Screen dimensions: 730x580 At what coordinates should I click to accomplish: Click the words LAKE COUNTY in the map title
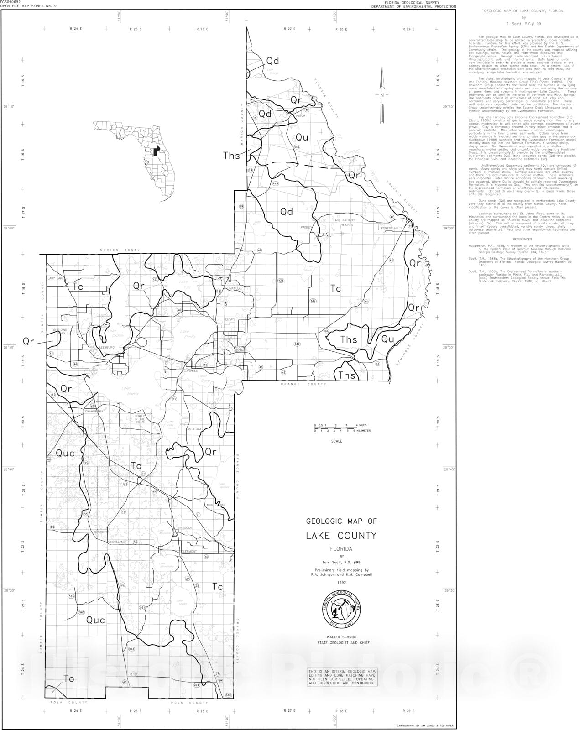coord(341,535)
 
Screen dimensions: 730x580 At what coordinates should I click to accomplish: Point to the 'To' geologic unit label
coord(69,679)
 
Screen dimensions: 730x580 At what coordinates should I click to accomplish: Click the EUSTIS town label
coord(230,319)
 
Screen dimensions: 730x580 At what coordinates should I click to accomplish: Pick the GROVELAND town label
coord(117,542)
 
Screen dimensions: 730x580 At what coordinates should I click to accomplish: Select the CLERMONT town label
coord(189,551)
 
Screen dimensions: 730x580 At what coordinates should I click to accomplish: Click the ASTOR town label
coord(300,115)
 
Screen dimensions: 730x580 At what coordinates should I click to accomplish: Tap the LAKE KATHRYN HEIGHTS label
coord(344,222)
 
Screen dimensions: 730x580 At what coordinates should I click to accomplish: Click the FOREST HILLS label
coord(392,228)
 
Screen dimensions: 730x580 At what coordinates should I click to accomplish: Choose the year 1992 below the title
coord(341,582)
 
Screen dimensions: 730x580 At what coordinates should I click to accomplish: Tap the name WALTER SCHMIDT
coord(341,636)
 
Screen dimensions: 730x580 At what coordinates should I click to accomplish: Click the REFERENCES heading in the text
coord(522,239)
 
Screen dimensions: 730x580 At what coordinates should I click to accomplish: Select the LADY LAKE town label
coord(57,278)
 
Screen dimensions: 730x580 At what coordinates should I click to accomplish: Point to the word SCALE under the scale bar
coord(336,441)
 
